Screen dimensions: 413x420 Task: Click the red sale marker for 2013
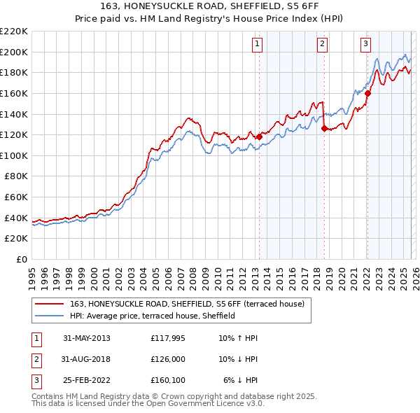(259, 136)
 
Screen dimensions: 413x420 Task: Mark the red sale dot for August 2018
(324, 128)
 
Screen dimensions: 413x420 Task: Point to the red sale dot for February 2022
(367, 93)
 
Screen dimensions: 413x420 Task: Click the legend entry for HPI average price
(152, 316)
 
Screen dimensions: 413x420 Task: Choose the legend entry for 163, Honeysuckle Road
(186, 304)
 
